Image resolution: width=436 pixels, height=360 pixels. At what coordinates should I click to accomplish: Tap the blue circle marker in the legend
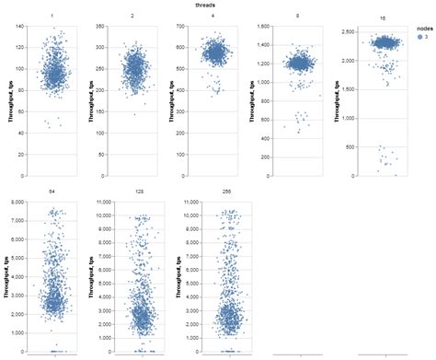(x=408, y=39)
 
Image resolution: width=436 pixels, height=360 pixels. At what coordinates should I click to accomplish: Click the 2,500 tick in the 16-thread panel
(x=327, y=31)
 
